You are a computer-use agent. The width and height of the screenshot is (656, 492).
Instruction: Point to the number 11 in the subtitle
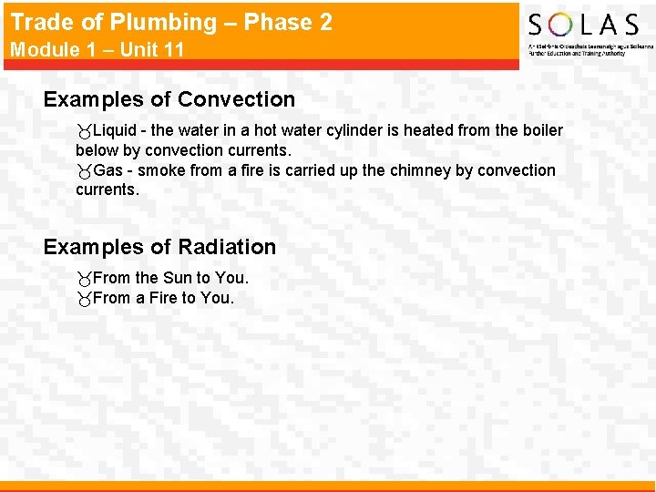point(173,49)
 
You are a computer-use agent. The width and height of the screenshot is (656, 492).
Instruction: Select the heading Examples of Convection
point(169,99)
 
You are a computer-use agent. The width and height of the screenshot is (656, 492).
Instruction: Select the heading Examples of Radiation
point(159,247)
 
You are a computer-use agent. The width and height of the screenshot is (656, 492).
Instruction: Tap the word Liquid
point(114,130)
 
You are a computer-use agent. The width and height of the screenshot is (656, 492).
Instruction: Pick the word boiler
point(542,130)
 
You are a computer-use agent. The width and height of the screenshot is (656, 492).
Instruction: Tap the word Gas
point(108,170)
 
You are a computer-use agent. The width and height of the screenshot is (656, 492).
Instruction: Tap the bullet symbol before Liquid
point(84,132)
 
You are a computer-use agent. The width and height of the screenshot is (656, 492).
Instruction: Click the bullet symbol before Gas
point(84,172)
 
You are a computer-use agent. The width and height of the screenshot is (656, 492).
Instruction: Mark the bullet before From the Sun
point(84,280)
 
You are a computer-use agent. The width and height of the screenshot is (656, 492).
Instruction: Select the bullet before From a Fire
point(84,300)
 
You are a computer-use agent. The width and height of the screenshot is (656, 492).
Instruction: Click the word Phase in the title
point(262,22)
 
